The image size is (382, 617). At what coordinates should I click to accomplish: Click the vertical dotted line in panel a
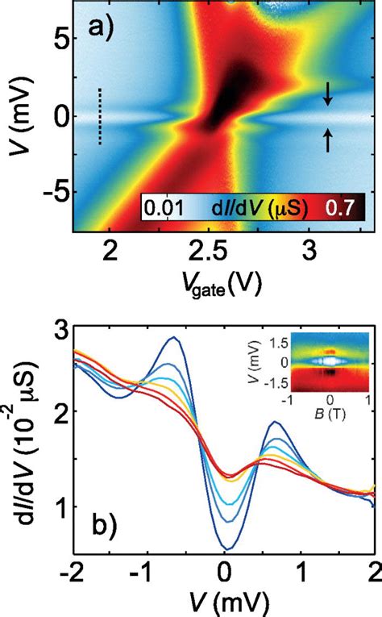(99, 116)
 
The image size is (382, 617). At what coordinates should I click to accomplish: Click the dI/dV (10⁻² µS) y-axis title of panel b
(22, 436)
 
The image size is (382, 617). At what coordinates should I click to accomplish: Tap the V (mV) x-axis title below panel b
(222, 604)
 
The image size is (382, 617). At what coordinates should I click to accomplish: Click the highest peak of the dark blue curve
(172, 338)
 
